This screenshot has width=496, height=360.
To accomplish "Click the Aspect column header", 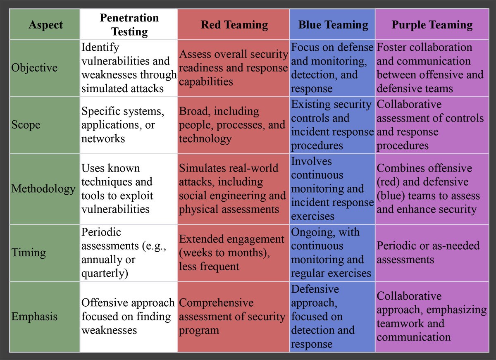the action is click(45, 24).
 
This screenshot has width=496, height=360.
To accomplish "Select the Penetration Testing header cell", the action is click(129, 24).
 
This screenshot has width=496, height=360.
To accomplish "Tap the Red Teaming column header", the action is click(234, 24).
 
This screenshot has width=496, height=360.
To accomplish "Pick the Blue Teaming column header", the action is click(333, 24).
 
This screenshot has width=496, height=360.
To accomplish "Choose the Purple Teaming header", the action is click(432, 24).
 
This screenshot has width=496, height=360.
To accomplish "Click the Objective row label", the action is click(34, 67).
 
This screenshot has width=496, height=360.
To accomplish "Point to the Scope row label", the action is click(26, 125).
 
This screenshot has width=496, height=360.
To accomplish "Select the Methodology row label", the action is click(43, 188).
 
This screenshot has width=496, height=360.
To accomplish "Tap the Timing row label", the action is click(29, 253).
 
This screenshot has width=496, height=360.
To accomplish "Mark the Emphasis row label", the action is click(34, 316).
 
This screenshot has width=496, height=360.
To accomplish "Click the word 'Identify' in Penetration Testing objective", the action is click(100, 47).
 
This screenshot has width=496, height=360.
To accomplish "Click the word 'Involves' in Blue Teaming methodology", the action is click(311, 161).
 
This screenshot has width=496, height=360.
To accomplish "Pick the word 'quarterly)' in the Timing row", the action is click(105, 273).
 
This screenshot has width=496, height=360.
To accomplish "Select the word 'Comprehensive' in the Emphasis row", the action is click(216, 303).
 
